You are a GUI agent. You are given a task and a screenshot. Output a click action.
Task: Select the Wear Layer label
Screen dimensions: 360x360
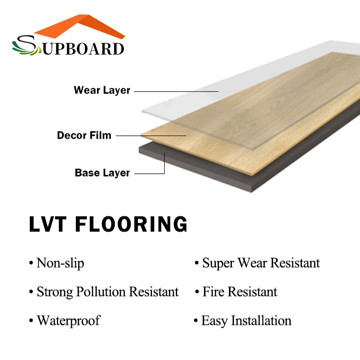(102, 90)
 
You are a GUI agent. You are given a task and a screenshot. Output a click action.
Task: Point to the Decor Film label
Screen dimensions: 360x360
(84, 135)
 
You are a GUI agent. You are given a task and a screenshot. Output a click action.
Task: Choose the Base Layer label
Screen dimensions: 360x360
(102, 173)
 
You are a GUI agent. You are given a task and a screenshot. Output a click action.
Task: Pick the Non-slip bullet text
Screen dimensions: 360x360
(60, 263)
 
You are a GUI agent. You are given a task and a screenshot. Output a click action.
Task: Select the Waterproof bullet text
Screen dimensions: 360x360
(69, 321)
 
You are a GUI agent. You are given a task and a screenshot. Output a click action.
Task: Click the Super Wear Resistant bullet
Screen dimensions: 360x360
(261, 263)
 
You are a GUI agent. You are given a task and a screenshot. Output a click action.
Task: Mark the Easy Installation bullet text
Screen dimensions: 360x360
(246, 321)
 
